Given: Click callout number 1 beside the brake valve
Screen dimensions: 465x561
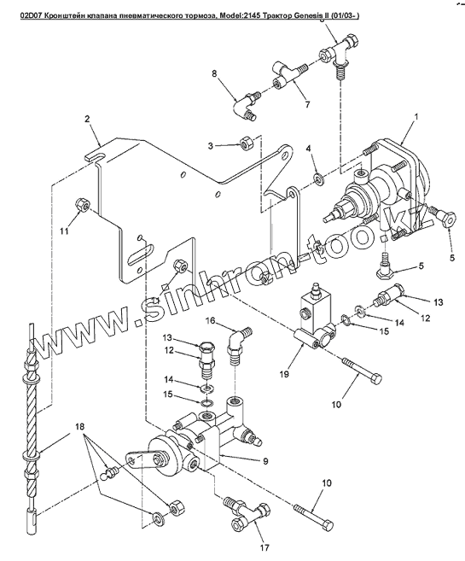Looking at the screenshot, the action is pyautogui.click(x=416, y=117).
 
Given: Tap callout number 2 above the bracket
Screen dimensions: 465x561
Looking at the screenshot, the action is pyautogui.click(x=87, y=120).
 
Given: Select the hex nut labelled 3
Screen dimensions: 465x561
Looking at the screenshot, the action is pyautogui.click(x=246, y=143).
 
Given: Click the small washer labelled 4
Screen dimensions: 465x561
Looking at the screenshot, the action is pyautogui.click(x=319, y=178).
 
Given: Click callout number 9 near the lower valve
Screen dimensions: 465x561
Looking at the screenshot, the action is pyautogui.click(x=265, y=461).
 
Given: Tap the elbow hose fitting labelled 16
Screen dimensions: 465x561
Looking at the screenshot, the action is pyautogui.click(x=236, y=342).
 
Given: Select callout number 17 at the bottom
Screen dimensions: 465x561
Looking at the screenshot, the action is pyautogui.click(x=264, y=547).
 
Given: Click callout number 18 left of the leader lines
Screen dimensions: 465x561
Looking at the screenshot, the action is pyautogui.click(x=80, y=426).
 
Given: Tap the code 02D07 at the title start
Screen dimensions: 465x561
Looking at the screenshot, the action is pyautogui.click(x=29, y=16).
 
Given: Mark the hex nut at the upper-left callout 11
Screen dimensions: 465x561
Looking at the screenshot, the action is pyautogui.click(x=81, y=205).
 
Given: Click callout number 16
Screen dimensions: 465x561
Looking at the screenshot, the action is pyautogui.click(x=210, y=320).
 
